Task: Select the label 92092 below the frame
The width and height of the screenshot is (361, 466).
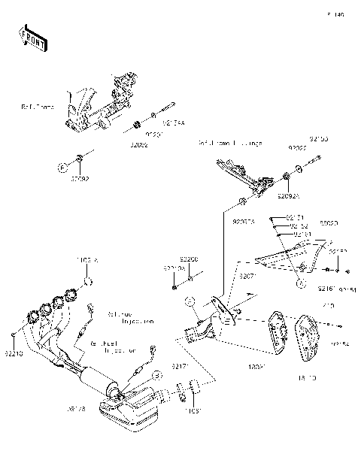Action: (x=80, y=179)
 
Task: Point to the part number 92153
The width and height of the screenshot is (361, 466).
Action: (x=319, y=139)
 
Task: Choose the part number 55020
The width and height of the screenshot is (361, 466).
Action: (x=329, y=224)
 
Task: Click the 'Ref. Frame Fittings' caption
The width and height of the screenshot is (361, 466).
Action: (x=230, y=143)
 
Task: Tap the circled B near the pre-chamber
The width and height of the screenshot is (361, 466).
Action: (x=156, y=374)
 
